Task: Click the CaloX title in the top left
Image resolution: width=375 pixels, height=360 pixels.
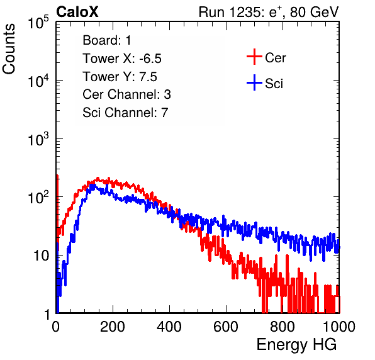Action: pos(77,12)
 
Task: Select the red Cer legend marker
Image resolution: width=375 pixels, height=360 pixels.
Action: pos(254,57)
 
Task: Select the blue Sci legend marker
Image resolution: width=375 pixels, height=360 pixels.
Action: pos(254,83)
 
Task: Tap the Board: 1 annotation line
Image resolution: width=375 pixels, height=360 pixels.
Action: pos(107,40)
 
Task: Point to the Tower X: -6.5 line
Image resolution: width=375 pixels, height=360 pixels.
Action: pos(122,59)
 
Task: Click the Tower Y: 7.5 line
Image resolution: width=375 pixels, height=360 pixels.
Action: pos(120,77)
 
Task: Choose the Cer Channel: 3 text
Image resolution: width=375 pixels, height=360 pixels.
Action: pos(126,94)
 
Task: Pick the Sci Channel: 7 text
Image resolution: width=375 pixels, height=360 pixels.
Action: pos(125,113)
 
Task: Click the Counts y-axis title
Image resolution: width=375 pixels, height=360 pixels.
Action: pos(9,49)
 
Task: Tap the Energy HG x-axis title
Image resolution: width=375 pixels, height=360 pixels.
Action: pos(296,345)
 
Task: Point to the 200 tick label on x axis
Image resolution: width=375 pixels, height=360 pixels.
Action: pos(113,327)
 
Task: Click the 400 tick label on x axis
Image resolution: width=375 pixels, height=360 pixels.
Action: pos(169,327)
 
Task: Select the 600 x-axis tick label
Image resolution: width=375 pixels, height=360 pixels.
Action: pos(226,327)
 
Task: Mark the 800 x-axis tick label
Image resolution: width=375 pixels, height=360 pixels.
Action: pos(283,327)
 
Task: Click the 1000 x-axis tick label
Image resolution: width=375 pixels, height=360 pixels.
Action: pos(339,327)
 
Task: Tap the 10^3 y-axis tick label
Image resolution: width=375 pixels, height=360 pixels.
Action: pos(38,139)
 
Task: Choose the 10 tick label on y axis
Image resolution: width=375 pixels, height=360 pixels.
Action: pos(41,256)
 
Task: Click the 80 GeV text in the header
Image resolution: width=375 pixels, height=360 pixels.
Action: pos(314,12)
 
